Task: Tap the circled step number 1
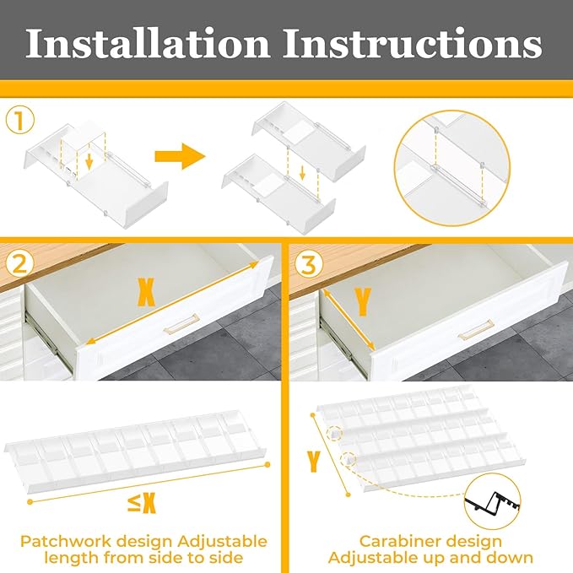(x=20, y=121)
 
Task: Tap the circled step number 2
(x=19, y=264)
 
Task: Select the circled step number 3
(x=309, y=264)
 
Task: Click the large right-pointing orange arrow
(x=180, y=156)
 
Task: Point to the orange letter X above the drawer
(x=146, y=292)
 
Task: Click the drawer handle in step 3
(x=476, y=330)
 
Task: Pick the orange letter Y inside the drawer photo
(x=363, y=302)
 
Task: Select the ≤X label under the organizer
(x=142, y=503)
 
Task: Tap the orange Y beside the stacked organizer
(x=314, y=462)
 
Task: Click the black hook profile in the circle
(x=493, y=501)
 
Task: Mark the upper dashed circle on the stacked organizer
(x=334, y=434)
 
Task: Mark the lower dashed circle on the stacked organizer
(x=349, y=459)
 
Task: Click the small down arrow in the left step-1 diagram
(x=89, y=162)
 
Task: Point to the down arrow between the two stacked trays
(x=302, y=172)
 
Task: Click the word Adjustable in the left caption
(x=223, y=543)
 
